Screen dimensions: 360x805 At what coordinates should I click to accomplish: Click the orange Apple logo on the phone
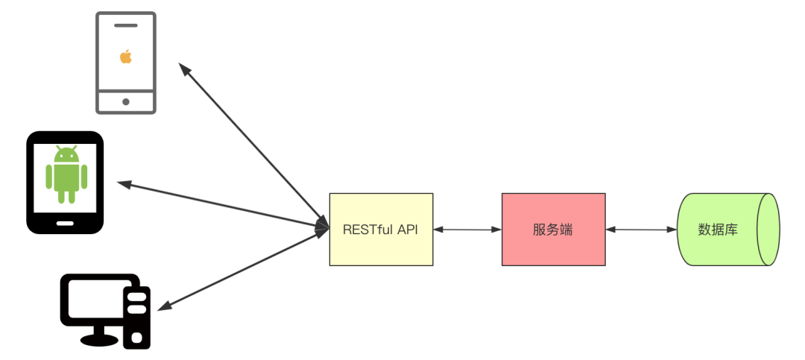click(x=126, y=57)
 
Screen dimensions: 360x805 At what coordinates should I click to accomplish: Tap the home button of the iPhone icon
click(x=126, y=101)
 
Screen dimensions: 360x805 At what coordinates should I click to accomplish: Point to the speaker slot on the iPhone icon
click(x=126, y=24)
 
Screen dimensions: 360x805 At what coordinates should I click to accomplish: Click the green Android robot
click(x=66, y=174)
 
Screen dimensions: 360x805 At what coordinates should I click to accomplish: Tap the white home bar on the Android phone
click(x=66, y=222)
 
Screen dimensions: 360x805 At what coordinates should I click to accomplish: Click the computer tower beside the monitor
click(x=137, y=317)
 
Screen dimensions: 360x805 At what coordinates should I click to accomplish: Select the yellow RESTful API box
click(x=381, y=229)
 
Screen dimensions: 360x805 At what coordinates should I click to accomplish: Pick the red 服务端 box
click(x=553, y=229)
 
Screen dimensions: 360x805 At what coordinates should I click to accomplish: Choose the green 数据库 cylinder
click(x=727, y=229)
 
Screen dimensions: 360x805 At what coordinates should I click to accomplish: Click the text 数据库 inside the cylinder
click(x=718, y=230)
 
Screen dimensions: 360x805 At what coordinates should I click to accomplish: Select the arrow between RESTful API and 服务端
click(x=467, y=230)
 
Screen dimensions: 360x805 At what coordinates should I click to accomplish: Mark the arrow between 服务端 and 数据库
click(x=640, y=230)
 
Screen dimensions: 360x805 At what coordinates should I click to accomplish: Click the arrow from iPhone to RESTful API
click(x=253, y=146)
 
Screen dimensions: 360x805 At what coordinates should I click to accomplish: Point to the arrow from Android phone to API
click(x=224, y=205)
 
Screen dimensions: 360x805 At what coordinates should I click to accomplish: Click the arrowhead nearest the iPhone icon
click(x=183, y=69)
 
